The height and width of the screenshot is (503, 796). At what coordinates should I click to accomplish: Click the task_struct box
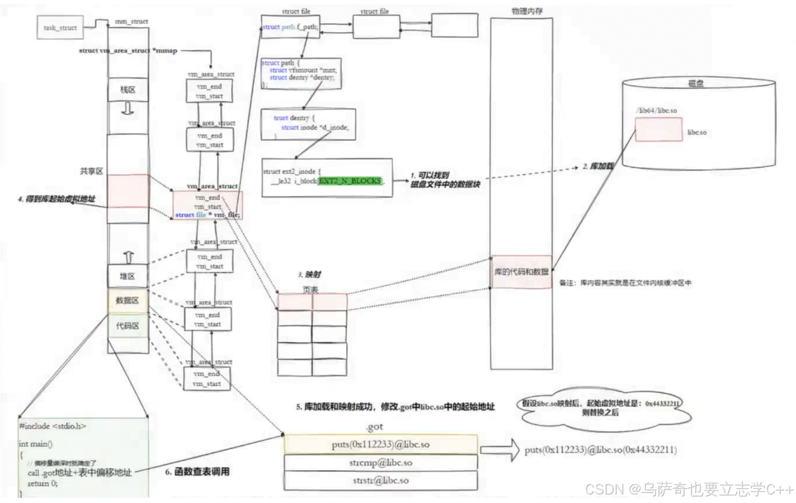(x=60, y=27)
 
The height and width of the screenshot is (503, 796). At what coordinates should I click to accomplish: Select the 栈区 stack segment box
(x=128, y=90)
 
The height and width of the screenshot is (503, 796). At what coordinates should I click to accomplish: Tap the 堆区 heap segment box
(x=128, y=276)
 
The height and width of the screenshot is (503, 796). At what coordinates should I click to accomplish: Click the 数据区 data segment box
(x=128, y=300)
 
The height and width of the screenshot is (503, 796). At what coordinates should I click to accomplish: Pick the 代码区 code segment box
(x=128, y=325)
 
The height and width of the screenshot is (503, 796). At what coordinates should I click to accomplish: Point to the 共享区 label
(x=91, y=171)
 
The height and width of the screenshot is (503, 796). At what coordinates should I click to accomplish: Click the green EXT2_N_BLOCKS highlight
(x=350, y=181)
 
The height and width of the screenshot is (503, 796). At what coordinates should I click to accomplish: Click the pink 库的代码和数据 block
(x=521, y=272)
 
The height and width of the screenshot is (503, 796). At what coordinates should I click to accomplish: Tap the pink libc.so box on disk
(x=658, y=129)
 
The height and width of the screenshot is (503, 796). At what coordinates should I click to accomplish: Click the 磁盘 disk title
(x=695, y=83)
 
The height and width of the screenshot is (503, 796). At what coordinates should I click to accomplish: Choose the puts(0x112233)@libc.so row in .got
(x=380, y=445)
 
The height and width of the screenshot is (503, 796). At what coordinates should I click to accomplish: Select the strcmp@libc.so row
(x=380, y=463)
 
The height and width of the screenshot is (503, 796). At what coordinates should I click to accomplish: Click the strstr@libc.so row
(x=380, y=481)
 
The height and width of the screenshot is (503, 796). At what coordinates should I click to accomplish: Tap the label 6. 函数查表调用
(x=197, y=472)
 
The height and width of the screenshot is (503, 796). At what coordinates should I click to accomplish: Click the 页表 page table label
(x=311, y=290)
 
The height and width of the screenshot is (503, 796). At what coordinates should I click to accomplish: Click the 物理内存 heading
(x=527, y=11)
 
